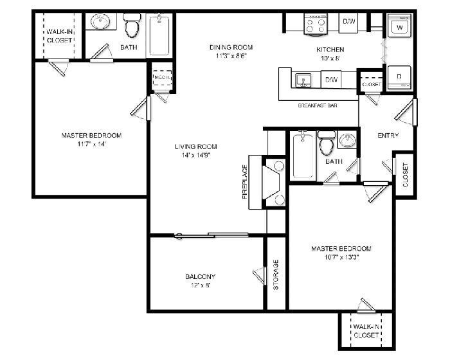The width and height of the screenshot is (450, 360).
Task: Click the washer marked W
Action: click(401, 28)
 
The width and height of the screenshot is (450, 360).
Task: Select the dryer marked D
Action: click(399, 76)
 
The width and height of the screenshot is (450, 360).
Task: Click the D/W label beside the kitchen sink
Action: click(331, 80)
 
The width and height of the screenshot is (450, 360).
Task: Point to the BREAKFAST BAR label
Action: click(318, 105)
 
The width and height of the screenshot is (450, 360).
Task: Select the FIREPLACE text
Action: click(245, 181)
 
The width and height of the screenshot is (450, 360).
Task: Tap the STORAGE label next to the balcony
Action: click(276, 274)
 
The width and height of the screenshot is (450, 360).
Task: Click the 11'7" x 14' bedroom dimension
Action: click(91, 145)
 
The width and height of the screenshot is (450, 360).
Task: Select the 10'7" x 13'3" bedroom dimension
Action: click(341, 258)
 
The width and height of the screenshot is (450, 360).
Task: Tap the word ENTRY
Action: click(388, 136)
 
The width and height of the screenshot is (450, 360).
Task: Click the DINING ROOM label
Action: click(231, 47)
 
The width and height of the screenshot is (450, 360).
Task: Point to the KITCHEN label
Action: click(330, 50)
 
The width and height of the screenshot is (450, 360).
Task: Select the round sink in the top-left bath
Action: click(101, 24)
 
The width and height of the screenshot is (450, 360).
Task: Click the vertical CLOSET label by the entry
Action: click(405, 175)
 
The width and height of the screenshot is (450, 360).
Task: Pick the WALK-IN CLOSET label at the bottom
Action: click(364, 330)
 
